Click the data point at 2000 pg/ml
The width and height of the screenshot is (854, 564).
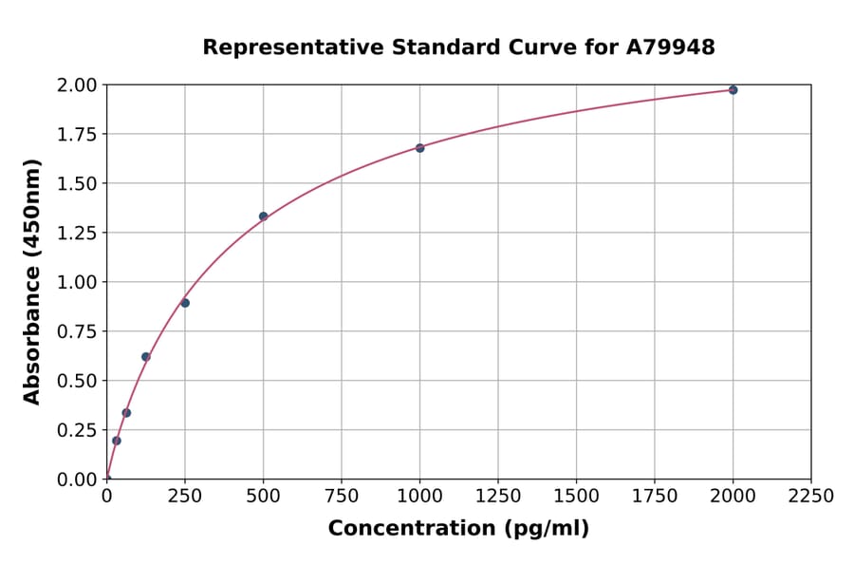tap(733, 90)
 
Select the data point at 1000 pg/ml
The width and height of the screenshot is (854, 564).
tap(419, 148)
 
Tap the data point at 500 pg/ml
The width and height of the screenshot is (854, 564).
tap(263, 216)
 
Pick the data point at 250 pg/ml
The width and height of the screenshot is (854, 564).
tap(185, 303)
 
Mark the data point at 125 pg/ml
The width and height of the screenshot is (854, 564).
tap(146, 357)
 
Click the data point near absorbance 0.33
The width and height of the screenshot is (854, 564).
tap(126, 413)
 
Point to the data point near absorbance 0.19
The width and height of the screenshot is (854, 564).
tap(117, 441)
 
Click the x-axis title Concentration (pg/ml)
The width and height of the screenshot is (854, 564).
tap(458, 529)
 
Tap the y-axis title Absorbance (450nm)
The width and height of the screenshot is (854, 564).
tap(32, 282)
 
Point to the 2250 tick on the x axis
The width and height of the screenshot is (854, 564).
tap(810, 497)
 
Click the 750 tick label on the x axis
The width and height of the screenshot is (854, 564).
tap(342, 497)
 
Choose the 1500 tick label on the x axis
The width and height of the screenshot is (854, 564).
tap(576, 497)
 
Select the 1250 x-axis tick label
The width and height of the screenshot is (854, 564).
tap(498, 497)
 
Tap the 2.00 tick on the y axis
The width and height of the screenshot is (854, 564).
tap(77, 85)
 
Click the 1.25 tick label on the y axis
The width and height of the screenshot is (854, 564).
tap(77, 234)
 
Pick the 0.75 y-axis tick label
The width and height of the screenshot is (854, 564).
tap(77, 331)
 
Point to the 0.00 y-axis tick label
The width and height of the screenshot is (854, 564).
tap(77, 479)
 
